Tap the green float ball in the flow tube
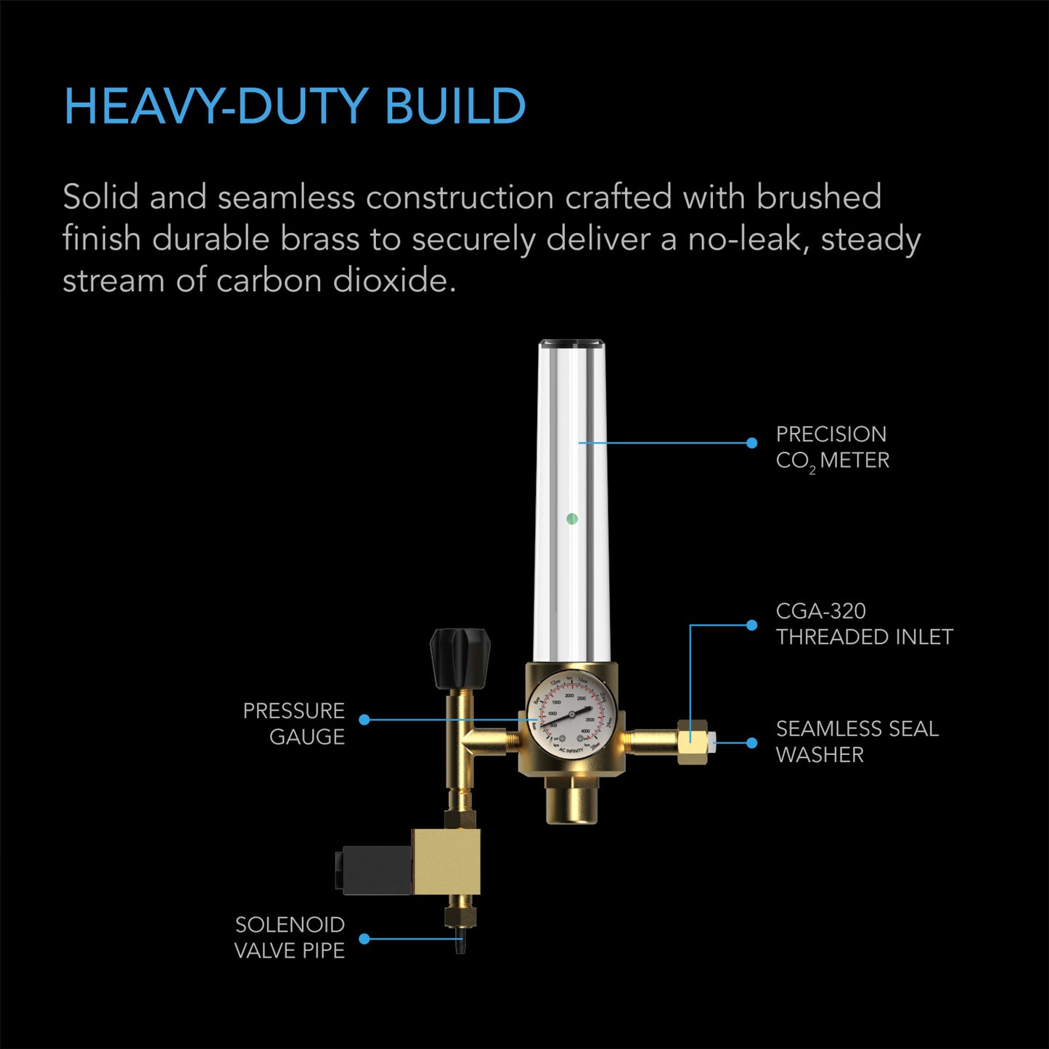click(572, 519)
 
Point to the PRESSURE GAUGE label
click(294, 723)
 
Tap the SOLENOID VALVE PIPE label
click(290, 937)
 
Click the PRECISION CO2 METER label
click(832, 447)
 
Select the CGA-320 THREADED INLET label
click(864, 624)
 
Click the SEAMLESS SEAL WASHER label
click(857, 741)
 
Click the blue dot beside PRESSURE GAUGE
click(364, 719)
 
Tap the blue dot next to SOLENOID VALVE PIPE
click(364, 939)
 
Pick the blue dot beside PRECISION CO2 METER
click(752, 443)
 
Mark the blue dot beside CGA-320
click(752, 625)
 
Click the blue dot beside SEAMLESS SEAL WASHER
click(752, 743)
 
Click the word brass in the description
click(320, 239)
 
